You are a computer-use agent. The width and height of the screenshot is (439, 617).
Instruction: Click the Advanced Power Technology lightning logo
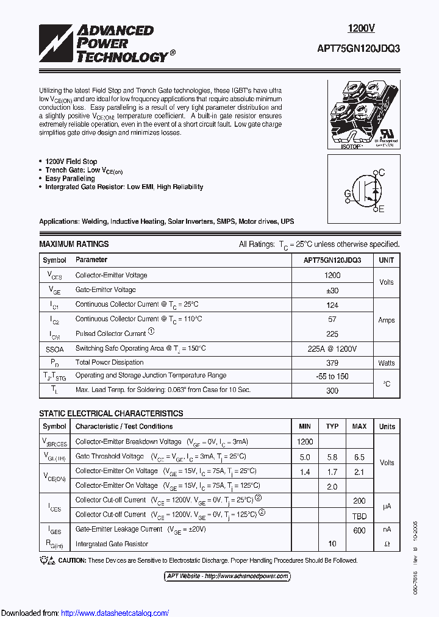coord(55,43)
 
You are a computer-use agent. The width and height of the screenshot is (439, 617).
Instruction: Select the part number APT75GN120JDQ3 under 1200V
coord(367,49)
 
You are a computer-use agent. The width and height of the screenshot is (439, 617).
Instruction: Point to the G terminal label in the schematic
coord(347,194)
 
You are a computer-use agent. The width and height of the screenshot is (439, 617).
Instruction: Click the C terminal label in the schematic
coord(382,173)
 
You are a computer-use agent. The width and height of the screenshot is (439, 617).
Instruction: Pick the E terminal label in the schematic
coord(382,209)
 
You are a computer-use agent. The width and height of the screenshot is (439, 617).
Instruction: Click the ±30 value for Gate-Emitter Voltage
coord(332,290)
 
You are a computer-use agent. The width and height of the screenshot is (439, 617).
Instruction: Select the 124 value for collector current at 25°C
coord(332,305)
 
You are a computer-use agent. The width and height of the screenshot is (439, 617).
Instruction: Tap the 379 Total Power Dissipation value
coord(332,363)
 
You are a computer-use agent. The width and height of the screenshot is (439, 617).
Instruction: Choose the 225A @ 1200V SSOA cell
coord(332,348)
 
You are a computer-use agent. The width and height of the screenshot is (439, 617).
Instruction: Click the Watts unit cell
coord(387,363)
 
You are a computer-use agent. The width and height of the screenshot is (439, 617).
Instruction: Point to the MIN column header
coord(304,426)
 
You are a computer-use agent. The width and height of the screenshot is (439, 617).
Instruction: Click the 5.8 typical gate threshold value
coord(332,457)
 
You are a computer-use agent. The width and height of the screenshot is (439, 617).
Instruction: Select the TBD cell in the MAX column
coord(360,515)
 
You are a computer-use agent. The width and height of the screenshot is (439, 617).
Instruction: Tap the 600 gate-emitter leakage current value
coord(360,530)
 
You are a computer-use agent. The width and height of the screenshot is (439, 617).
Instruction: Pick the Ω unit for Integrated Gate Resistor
coord(387,543)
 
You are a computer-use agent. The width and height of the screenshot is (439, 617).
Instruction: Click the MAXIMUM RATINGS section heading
coord(74,244)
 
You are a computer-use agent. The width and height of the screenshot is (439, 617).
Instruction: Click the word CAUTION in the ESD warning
coord(72,560)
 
